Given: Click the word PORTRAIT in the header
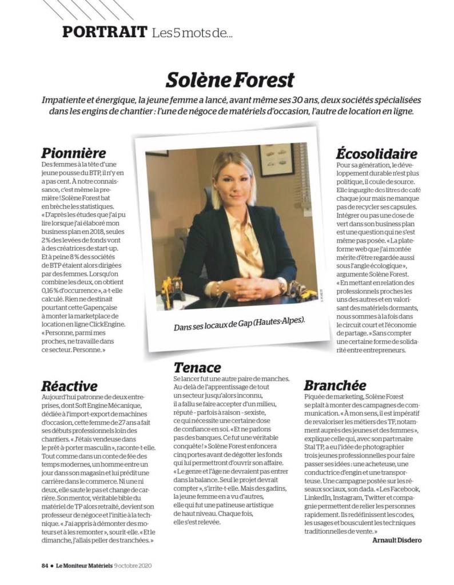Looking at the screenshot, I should tap(105, 31).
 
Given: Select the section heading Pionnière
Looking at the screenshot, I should tap(74, 153).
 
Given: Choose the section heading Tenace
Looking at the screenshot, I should tap(197, 367).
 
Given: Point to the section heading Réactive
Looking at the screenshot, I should tap(69, 386).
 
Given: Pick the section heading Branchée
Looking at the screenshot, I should tap(335, 385).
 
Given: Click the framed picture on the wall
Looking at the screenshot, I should tap(276, 161).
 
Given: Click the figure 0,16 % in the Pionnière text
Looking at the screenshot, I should tap(53, 290).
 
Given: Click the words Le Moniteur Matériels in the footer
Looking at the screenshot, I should tap(84, 566).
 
